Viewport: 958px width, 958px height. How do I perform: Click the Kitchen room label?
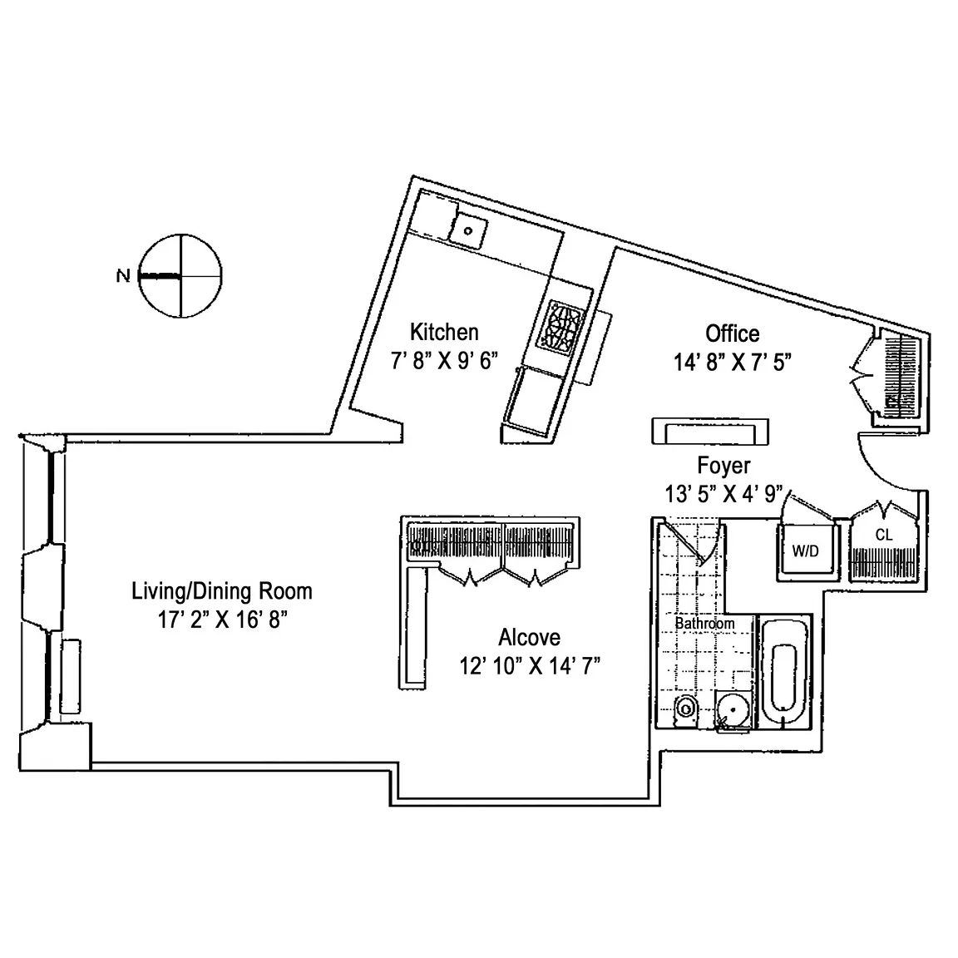(x=444, y=333)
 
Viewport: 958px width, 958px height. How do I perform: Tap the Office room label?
(x=732, y=333)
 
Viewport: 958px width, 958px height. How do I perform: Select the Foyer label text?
(x=723, y=466)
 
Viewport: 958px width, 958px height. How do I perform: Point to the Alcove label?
(x=529, y=638)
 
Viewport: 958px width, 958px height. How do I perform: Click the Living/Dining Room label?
(x=222, y=591)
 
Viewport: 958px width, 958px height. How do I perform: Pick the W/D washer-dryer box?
(x=805, y=551)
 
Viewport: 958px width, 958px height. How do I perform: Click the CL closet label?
(x=883, y=536)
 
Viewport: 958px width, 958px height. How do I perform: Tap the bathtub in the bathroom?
(x=785, y=674)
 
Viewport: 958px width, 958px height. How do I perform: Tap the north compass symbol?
(x=180, y=275)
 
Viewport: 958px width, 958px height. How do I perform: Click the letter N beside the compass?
(x=123, y=276)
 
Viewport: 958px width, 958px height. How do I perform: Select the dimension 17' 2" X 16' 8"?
(x=222, y=620)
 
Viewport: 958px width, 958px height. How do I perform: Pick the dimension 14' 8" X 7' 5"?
(x=732, y=363)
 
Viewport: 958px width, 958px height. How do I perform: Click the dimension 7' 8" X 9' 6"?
(x=444, y=361)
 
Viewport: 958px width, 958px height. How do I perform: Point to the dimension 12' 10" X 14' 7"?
(x=530, y=666)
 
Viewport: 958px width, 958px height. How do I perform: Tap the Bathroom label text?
(x=704, y=623)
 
